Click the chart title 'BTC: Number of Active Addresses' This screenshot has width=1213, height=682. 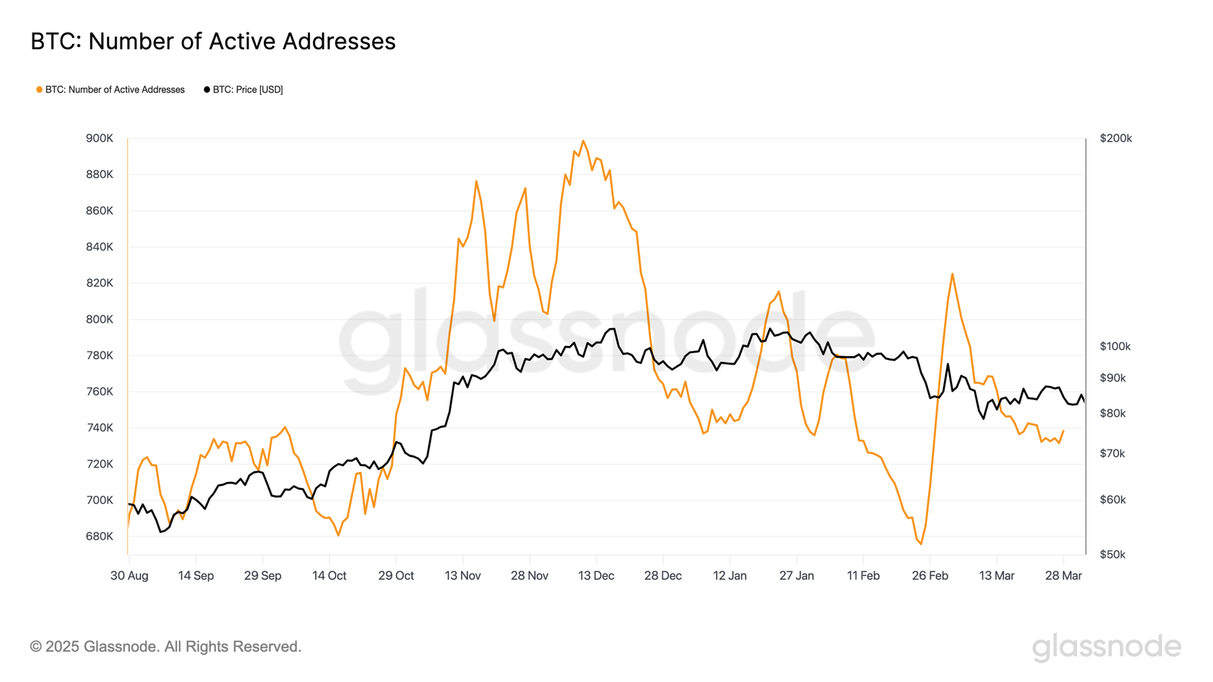213,41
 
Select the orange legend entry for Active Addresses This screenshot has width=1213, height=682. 111,89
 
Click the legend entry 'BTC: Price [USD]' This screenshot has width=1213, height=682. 243,89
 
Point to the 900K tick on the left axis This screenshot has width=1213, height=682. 99,138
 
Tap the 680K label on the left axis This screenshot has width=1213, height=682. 99,537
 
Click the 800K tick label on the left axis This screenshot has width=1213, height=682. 99,319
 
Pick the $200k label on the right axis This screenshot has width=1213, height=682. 1115,138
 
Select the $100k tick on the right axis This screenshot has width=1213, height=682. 1114,346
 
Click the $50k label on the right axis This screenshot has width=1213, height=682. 1112,555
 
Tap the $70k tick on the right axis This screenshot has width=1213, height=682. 1112,454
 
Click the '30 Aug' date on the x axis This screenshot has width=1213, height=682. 130,576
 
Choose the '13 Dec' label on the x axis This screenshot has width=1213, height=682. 596,576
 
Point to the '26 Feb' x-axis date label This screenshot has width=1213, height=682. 929,576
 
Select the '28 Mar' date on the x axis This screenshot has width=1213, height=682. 1063,576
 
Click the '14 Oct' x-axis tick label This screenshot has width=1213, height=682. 329,576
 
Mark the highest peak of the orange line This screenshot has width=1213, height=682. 583,140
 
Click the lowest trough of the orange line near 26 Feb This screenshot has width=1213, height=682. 921,544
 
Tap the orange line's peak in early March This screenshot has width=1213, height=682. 952,274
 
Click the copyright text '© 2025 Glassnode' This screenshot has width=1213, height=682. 165,646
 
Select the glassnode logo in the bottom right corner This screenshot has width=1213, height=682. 1106,647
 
